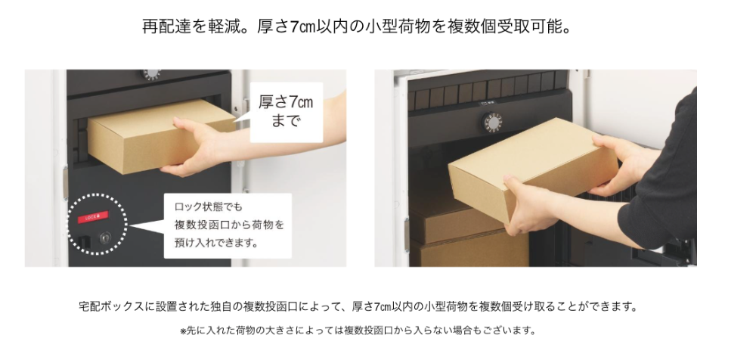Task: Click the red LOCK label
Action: tap(94, 217)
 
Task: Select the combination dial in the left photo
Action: tap(151, 74)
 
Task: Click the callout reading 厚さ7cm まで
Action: tap(286, 111)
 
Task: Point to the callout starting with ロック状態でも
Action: tap(228, 225)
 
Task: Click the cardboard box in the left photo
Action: tap(154, 135)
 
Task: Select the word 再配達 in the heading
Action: tap(166, 26)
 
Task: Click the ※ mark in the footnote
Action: tap(183, 331)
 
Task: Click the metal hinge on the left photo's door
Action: tap(65, 183)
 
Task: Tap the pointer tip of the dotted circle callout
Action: tap(129, 225)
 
